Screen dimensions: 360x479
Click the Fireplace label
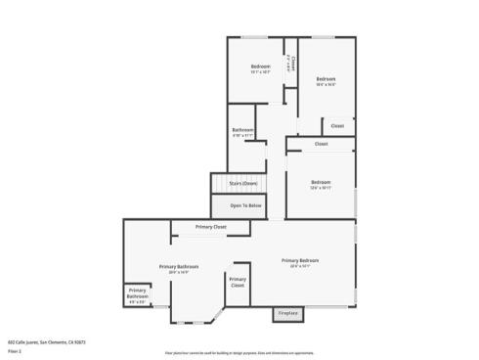pyautogui.click(x=287, y=313)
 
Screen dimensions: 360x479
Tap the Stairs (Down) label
pyautogui.click(x=243, y=183)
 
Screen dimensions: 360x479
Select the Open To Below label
pyautogui.click(x=246, y=205)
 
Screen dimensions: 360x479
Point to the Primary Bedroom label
pyautogui.click(x=300, y=259)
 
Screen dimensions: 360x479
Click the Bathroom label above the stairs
pyautogui.click(x=242, y=130)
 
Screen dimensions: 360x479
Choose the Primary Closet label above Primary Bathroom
pyautogui.click(x=210, y=227)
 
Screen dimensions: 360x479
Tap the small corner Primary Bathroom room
pyautogui.click(x=137, y=294)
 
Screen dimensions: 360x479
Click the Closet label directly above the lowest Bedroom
pyautogui.click(x=321, y=144)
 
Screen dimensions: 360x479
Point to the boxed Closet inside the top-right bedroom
pyautogui.click(x=336, y=126)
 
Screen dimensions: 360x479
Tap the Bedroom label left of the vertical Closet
pyautogui.click(x=260, y=67)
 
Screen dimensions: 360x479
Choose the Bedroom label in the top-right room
pyautogui.click(x=326, y=79)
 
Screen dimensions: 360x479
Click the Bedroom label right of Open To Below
pyautogui.click(x=321, y=182)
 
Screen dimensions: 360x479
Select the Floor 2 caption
pyautogui.click(x=15, y=349)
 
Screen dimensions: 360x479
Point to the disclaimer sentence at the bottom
pyautogui.click(x=239, y=352)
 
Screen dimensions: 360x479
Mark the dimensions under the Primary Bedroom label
pyautogui.click(x=300, y=265)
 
